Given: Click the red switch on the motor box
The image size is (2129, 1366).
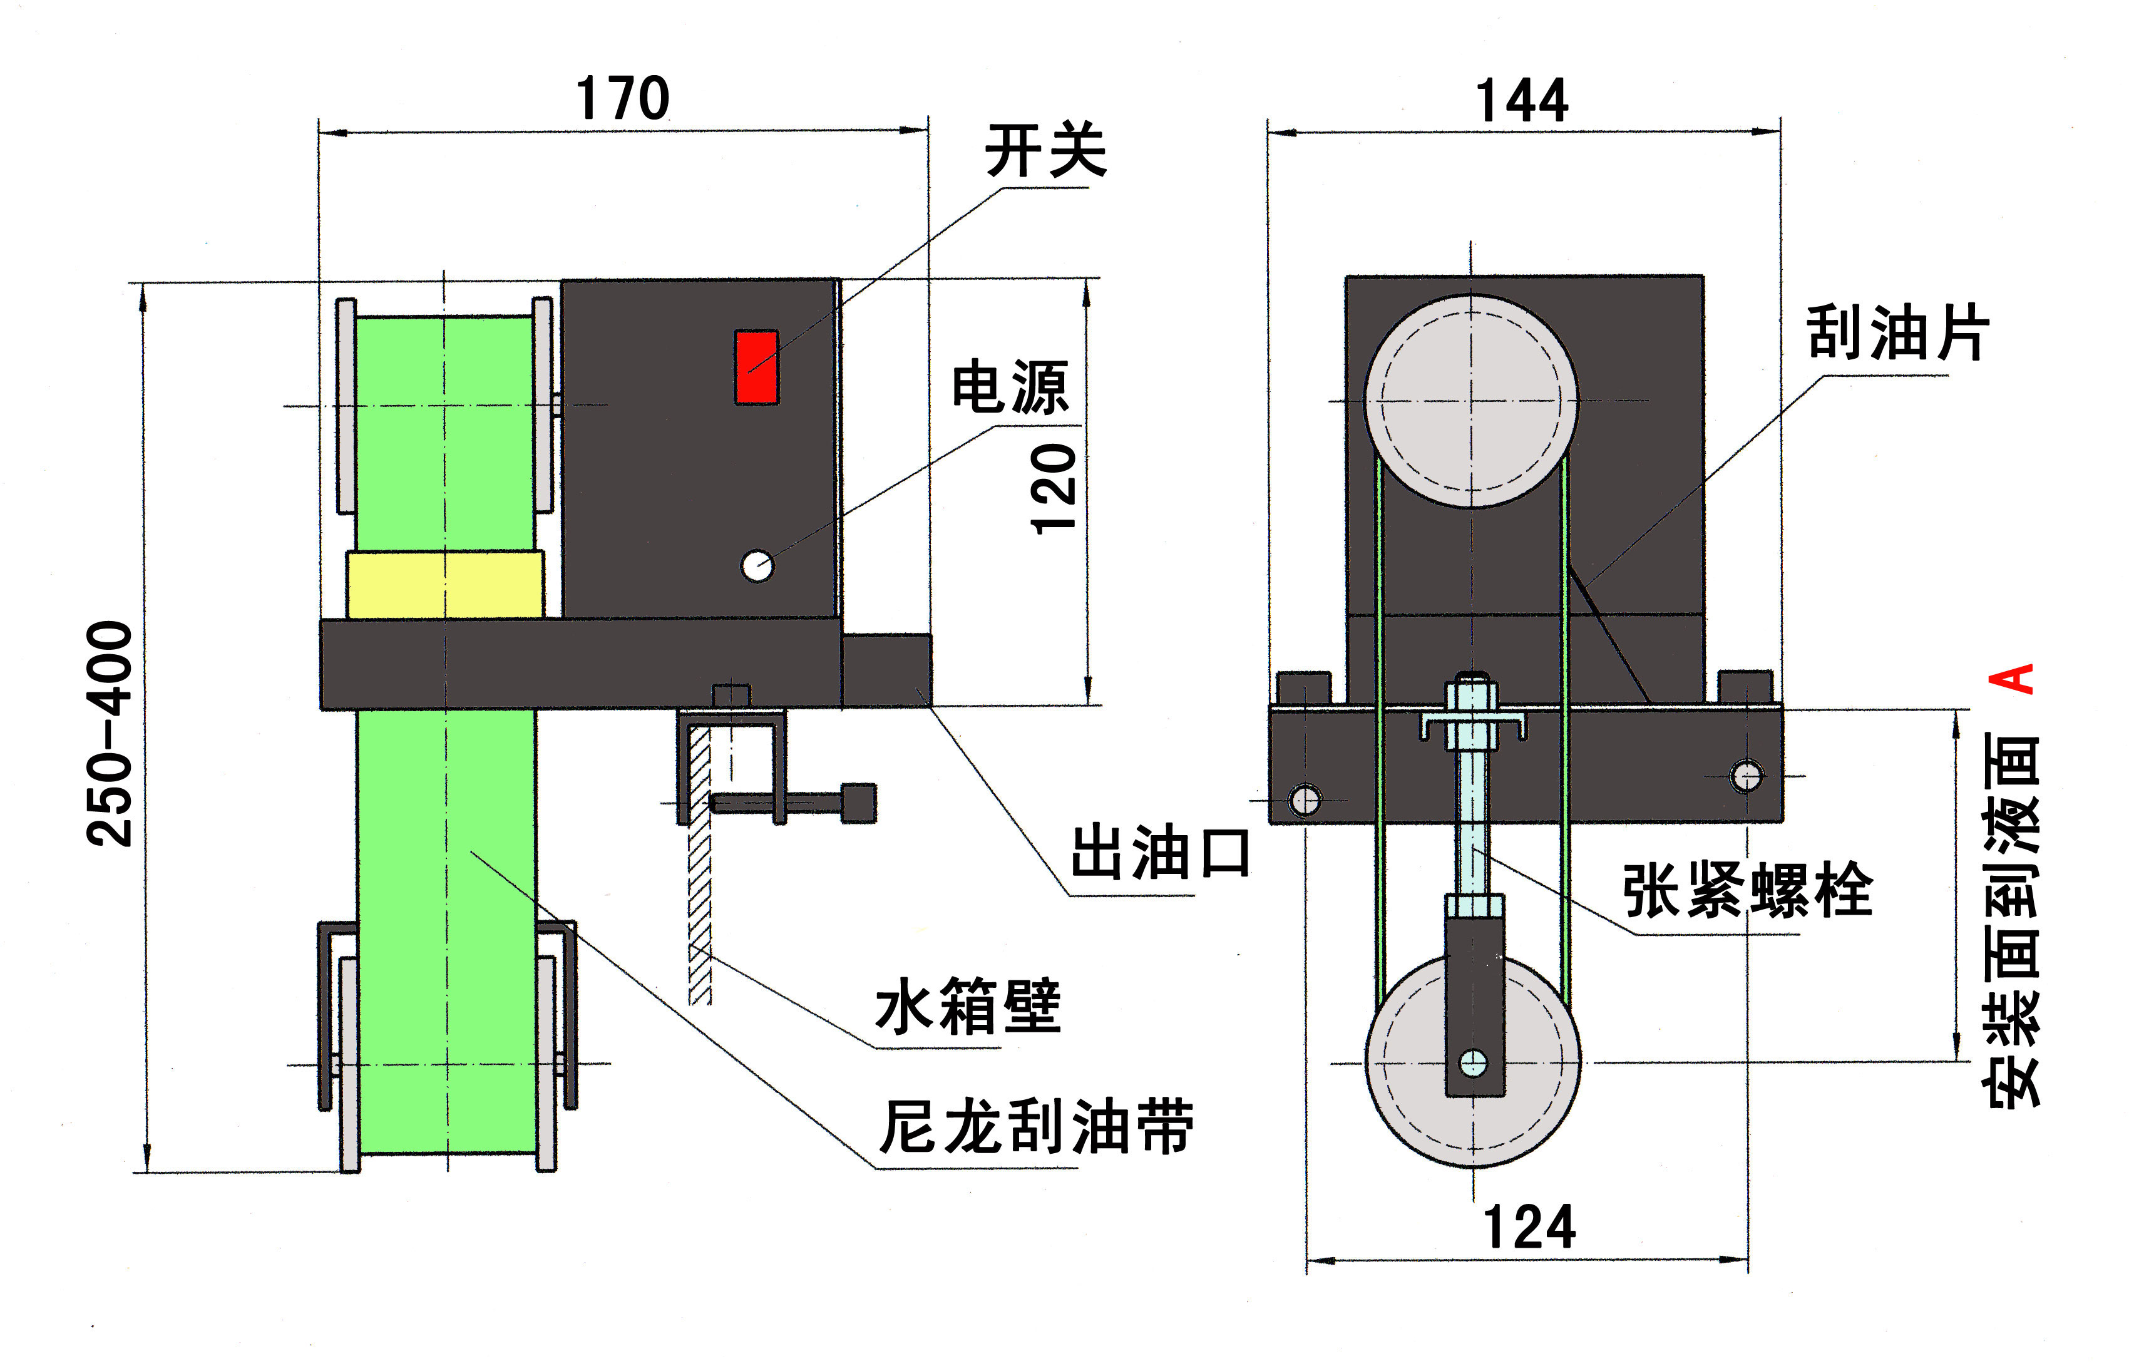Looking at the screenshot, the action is pyautogui.click(x=756, y=367).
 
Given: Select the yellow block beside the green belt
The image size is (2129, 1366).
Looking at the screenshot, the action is pyautogui.click(x=445, y=585).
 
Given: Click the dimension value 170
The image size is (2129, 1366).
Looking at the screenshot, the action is pyautogui.click(x=622, y=98).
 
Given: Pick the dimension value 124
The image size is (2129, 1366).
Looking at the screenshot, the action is pyautogui.click(x=1529, y=1227).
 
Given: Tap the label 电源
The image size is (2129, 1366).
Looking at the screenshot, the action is pyautogui.click(x=1011, y=387).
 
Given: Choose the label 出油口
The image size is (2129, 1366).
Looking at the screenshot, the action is pyautogui.click(x=1161, y=853).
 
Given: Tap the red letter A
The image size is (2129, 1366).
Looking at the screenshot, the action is pyautogui.click(x=2011, y=679).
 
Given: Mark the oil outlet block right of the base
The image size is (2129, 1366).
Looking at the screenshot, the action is pyautogui.click(x=886, y=670).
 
